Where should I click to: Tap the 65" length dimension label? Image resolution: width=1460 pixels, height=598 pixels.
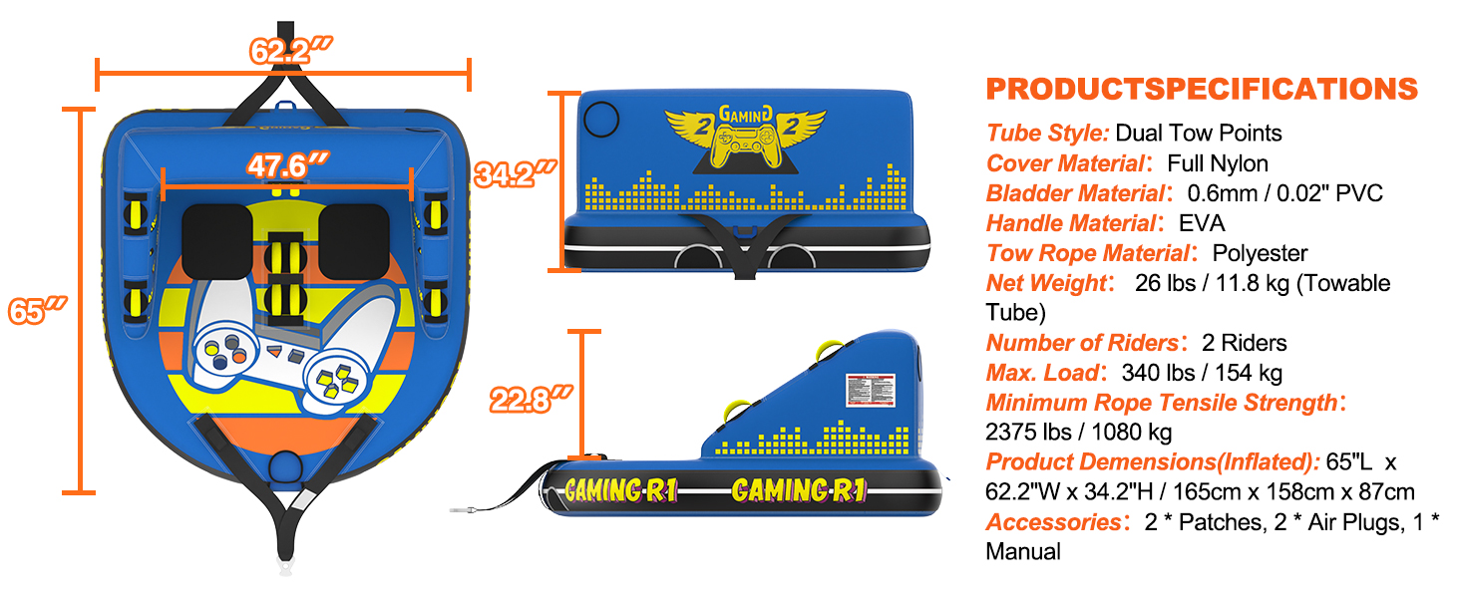coord(37,310)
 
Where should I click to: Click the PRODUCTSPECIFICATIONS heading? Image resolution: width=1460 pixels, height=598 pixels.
coord(1202,89)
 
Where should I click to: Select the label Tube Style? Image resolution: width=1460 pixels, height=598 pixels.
coord(1047,133)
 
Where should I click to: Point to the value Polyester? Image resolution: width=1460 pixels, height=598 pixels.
coord(1260,253)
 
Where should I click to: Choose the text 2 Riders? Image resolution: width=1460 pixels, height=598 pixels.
coord(1245,343)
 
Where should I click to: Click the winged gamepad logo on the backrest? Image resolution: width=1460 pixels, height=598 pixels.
coord(745,141)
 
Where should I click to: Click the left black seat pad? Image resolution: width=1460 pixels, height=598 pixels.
coord(216,240)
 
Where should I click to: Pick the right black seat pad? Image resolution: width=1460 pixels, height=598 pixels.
coord(352,240)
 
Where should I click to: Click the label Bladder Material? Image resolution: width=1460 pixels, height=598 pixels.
coord(1075,193)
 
